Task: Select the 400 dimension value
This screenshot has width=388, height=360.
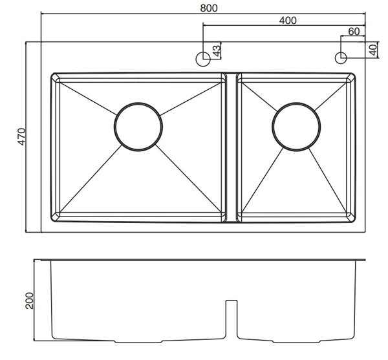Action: (288, 20)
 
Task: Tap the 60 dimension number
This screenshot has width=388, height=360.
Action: (354, 31)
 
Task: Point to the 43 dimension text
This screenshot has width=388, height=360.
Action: (217, 50)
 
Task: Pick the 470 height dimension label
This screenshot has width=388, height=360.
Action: (21, 136)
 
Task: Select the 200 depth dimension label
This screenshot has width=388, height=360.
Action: (29, 300)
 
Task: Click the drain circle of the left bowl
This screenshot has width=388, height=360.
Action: (138, 127)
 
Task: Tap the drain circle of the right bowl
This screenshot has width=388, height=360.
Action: (296, 127)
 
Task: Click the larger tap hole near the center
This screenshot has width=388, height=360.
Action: (202, 58)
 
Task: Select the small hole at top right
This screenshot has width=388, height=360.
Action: (341, 58)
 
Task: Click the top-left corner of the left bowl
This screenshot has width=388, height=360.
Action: (53, 75)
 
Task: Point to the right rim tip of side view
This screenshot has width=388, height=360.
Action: (365, 261)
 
